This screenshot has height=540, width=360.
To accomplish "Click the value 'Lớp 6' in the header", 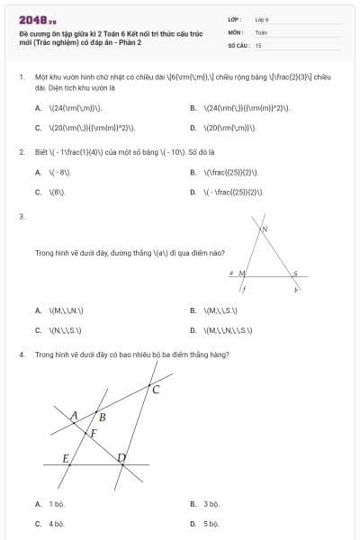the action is (x=262, y=18).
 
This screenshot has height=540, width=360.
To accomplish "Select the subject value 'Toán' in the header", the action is (x=261, y=31).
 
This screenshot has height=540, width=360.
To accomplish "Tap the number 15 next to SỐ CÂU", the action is (x=258, y=44).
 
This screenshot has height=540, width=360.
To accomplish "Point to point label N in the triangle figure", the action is (x=265, y=230).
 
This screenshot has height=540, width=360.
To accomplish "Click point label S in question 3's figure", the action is (x=294, y=273).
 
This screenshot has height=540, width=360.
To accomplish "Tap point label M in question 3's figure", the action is (x=241, y=272).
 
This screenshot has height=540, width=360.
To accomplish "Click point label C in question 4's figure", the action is (x=156, y=390).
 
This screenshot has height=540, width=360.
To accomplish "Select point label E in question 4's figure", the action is (x=66, y=458).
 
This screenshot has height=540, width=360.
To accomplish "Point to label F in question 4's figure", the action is (x=93, y=433).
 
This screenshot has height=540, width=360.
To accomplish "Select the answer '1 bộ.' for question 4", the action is (x=57, y=504).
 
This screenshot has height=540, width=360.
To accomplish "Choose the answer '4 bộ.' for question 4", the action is (x=57, y=523).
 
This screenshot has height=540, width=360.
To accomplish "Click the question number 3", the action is (x=21, y=217).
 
